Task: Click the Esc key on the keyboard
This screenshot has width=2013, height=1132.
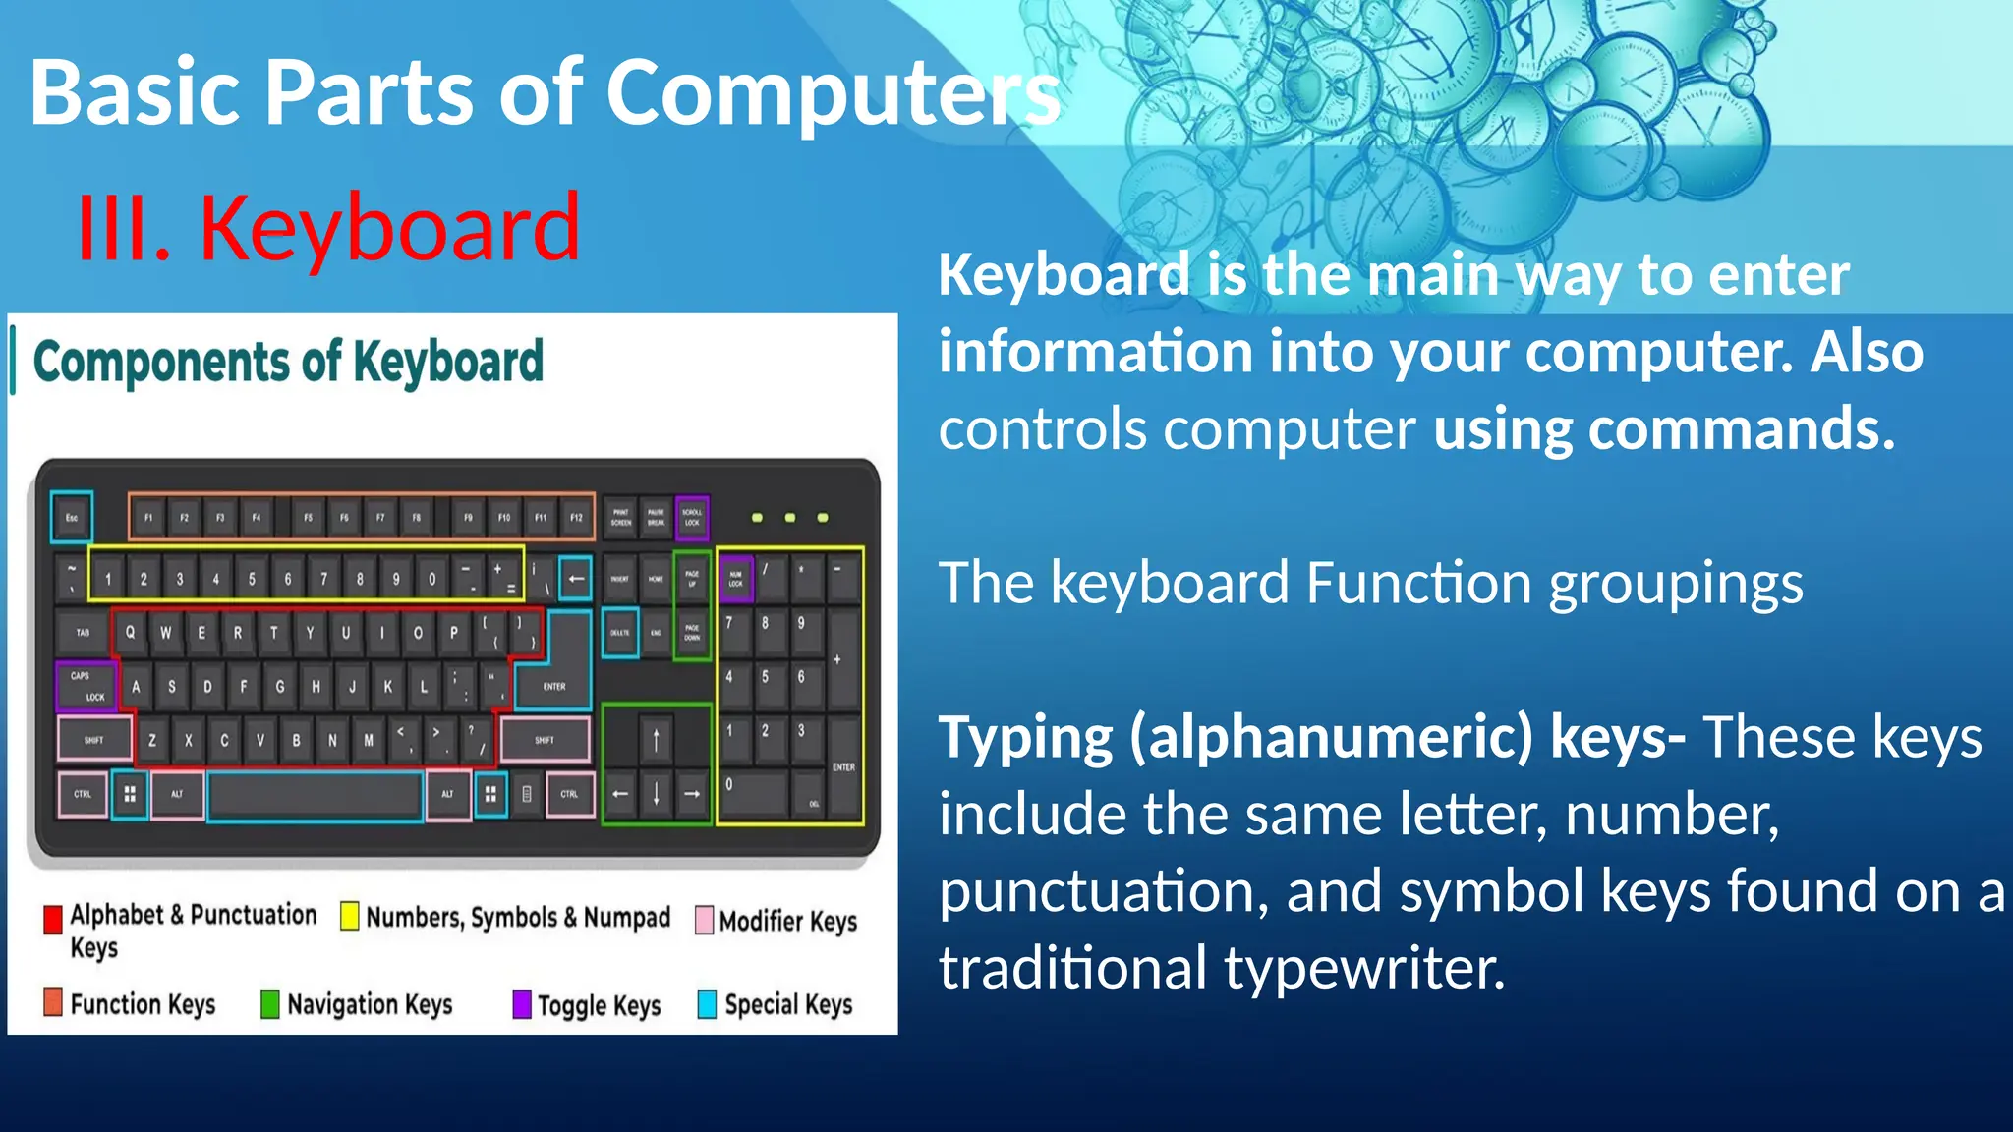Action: point(72,517)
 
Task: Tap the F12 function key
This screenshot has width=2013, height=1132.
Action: point(576,517)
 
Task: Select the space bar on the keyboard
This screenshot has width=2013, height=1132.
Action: point(316,795)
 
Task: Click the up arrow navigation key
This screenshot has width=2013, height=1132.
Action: point(656,739)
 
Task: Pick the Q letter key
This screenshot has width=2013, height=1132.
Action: point(130,632)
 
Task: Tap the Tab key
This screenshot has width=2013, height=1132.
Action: point(83,632)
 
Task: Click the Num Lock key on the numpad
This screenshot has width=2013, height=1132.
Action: point(735,579)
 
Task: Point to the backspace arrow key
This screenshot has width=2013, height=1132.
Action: point(576,579)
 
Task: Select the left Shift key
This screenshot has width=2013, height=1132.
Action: point(94,740)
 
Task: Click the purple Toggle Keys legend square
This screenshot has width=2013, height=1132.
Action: point(522,1004)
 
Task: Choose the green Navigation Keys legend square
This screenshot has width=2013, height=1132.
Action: point(269,1004)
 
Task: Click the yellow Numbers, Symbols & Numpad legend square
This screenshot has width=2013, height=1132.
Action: point(349,916)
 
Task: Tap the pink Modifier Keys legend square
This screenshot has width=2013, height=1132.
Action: point(704,921)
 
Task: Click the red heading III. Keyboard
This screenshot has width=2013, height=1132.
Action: point(328,228)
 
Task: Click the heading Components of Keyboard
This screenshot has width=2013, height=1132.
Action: point(288,362)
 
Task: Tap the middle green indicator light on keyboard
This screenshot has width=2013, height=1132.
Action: point(789,518)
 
